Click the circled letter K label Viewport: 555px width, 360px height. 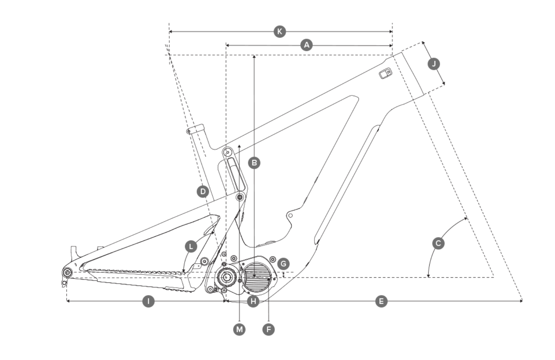pos(280,31)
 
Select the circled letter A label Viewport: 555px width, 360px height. pos(307,45)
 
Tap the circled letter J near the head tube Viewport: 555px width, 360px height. pos(433,64)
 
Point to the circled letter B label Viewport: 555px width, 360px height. pos(254,163)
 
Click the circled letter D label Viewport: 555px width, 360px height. pos(203,192)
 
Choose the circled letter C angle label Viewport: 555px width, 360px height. pos(438,243)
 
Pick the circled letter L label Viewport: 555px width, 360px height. pos(191,246)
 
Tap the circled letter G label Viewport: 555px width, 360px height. pos(283,264)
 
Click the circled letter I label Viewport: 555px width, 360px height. pos(148,301)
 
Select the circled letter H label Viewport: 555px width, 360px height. pos(253,301)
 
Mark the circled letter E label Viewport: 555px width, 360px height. pos(381,301)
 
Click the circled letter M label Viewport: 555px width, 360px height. pos(239,329)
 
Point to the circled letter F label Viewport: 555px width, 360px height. pos(268,329)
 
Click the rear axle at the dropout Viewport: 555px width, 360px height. pos(68,273)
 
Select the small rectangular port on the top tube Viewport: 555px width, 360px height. pos(385,73)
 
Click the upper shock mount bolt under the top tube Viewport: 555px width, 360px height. pos(227,152)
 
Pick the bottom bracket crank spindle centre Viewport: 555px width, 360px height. pos(226,277)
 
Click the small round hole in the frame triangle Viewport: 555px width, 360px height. pos(291,215)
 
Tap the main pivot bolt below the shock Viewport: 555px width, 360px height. pos(240,197)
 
